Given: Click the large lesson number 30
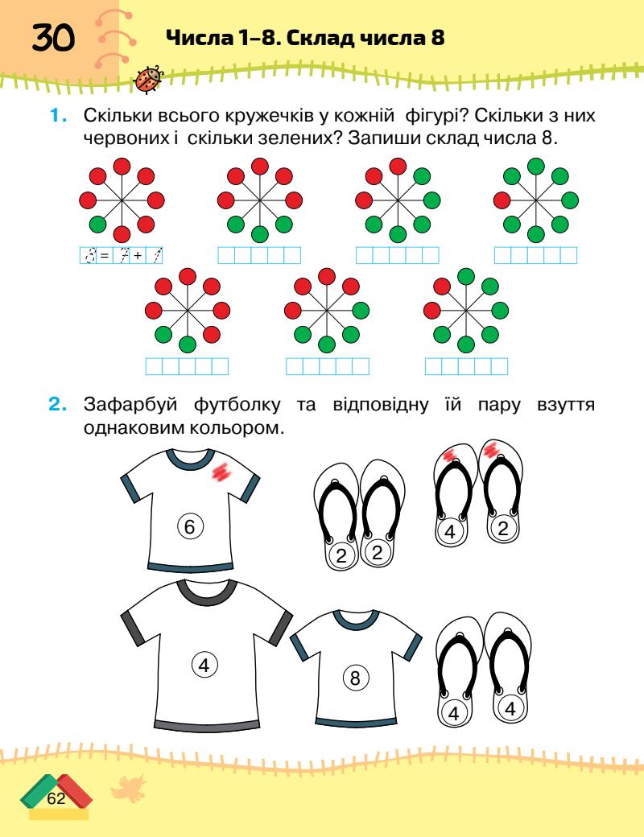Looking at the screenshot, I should pyautogui.click(x=52, y=38).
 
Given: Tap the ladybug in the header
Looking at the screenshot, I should pyautogui.click(x=149, y=79).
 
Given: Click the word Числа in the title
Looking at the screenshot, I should pyautogui.click(x=197, y=37).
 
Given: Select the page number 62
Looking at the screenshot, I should pyautogui.click(x=56, y=798).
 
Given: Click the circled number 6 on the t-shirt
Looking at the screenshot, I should pyautogui.click(x=190, y=527).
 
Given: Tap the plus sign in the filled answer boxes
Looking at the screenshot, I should pyautogui.click(x=138, y=256).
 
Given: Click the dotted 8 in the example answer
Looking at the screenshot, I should pyautogui.click(x=89, y=256).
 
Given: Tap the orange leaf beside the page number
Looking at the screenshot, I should pyautogui.click(x=122, y=790).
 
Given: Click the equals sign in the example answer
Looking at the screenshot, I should pyautogui.click(x=104, y=256).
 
